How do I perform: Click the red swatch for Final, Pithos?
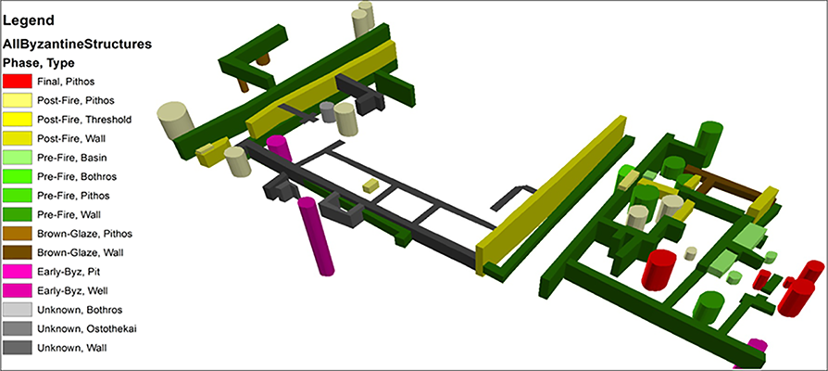(x=18, y=82)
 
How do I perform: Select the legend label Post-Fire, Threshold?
(x=84, y=120)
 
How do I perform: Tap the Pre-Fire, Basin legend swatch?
(x=18, y=158)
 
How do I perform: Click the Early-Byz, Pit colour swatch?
(x=18, y=272)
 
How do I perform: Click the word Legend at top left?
(x=29, y=21)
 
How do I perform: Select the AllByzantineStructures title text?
(x=78, y=45)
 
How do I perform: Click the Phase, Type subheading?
(x=39, y=63)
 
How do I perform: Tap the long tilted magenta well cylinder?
(x=317, y=236)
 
